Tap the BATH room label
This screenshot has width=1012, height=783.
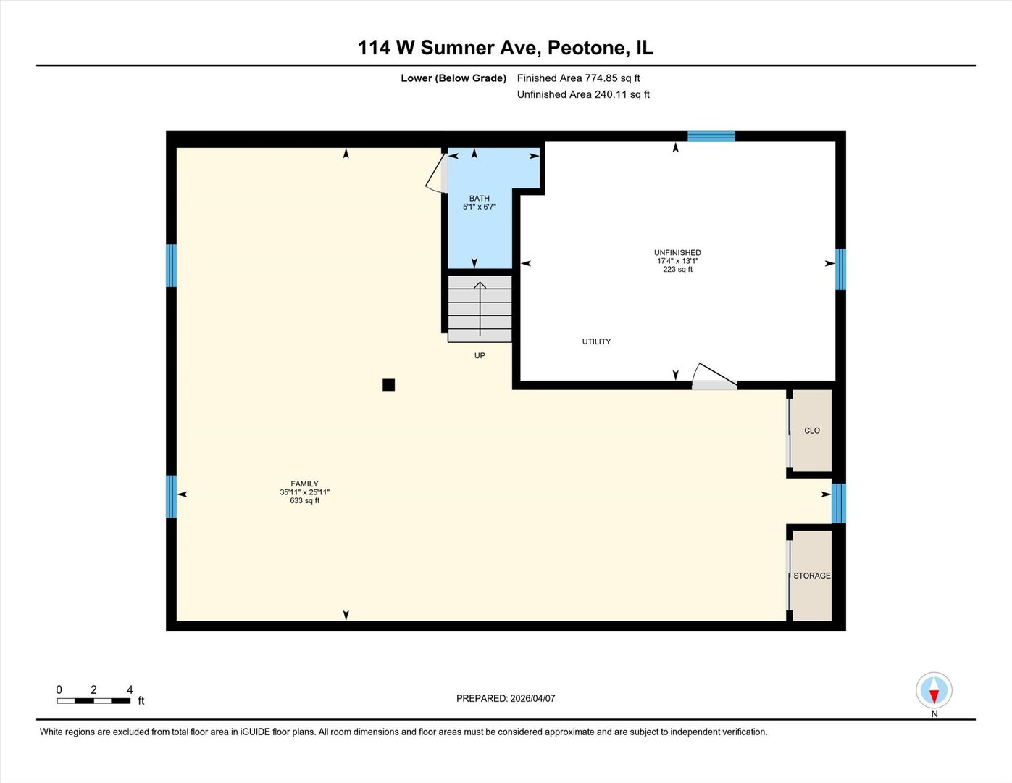tap(479, 199)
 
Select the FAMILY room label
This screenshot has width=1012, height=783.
tap(304, 484)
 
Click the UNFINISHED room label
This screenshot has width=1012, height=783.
tap(677, 253)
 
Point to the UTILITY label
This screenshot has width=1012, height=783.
tap(596, 341)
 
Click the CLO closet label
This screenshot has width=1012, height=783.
tap(812, 431)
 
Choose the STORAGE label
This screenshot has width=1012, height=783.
tap(812, 576)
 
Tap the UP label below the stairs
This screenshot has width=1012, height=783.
tap(480, 356)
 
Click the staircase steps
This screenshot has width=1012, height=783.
tap(480, 309)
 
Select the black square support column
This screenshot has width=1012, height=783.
tap(389, 385)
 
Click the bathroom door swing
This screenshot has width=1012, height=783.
tap(435, 174)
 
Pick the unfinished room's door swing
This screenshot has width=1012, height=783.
tap(713, 375)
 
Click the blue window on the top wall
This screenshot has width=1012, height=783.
tap(711, 136)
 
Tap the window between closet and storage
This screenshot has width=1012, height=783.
tap(838, 503)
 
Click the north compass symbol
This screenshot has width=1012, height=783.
tap(934, 691)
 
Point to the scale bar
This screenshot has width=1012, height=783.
tap(94, 700)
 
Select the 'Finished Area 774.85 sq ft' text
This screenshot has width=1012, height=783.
tap(578, 78)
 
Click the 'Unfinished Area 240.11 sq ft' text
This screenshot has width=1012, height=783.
tap(583, 95)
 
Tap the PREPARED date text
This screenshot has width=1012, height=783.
tap(506, 699)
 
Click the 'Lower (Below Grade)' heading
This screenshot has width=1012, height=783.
tap(453, 78)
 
